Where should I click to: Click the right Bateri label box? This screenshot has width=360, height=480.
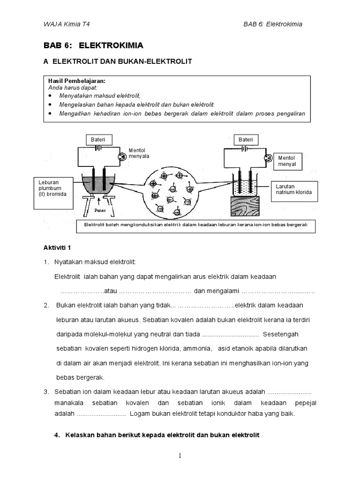pos(246,140)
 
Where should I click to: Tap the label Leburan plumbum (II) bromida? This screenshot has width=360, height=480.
pos(53,187)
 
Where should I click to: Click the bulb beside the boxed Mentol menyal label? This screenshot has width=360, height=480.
pos(268,158)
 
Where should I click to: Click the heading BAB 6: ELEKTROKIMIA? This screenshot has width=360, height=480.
pos(93,45)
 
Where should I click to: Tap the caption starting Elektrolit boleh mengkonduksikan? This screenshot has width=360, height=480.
pos(195,225)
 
